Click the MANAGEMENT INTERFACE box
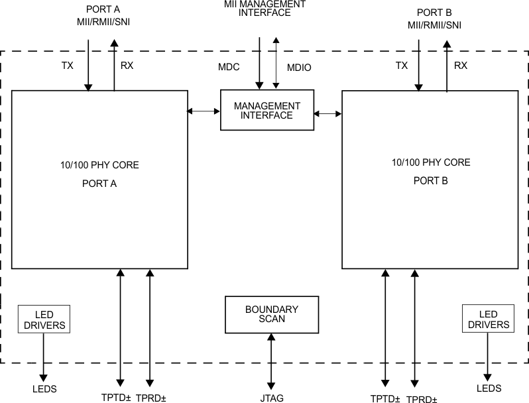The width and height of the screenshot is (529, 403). click(267, 111)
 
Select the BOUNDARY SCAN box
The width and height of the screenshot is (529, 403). click(271, 315)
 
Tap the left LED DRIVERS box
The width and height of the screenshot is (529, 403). click(44, 319)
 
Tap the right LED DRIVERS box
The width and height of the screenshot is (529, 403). click(488, 319)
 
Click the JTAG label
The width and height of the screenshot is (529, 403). click(272, 398)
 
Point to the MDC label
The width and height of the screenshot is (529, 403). click(228, 68)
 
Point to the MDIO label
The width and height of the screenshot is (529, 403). click(299, 68)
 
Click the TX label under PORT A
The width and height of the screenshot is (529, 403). click(68, 66)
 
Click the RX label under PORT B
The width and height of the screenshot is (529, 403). click(461, 66)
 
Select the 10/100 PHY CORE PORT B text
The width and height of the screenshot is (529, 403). click(430, 171)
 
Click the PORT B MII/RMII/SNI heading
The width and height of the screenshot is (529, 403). click(434, 19)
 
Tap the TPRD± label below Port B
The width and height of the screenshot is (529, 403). click(422, 398)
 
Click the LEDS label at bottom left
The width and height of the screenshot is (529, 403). click(44, 388)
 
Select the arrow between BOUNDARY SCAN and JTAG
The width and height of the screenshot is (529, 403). click(271, 361)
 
